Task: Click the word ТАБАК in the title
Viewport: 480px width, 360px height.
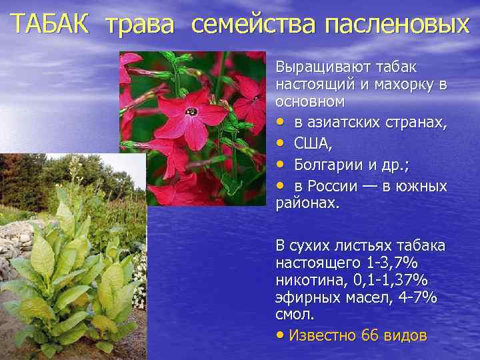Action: [51, 25]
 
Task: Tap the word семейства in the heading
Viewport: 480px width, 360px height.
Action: [254, 25]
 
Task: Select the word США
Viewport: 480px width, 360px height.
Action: [311, 143]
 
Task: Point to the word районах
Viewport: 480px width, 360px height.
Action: [307, 203]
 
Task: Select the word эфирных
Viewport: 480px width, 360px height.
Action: [307, 297]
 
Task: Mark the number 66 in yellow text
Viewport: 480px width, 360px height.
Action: [369, 335]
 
